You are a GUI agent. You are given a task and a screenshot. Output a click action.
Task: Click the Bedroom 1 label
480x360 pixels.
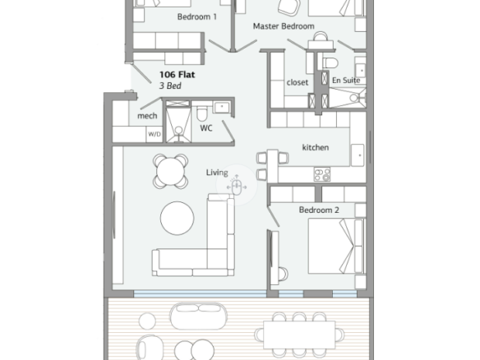(x=196, y=16)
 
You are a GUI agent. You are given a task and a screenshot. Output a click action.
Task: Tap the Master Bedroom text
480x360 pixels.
(x=284, y=26)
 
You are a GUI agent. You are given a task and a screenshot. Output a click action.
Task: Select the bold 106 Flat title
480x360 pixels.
(x=177, y=75)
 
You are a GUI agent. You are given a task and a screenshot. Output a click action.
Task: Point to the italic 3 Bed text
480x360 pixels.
(x=170, y=85)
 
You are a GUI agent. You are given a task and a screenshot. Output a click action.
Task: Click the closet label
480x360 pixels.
(x=298, y=82)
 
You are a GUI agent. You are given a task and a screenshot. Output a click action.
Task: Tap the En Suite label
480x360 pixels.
(x=346, y=81)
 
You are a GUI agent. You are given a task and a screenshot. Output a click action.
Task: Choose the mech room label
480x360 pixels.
(x=147, y=116)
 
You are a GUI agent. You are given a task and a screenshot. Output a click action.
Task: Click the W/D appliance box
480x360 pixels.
(x=155, y=135)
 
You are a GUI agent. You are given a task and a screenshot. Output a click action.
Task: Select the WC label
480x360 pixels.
(x=206, y=128)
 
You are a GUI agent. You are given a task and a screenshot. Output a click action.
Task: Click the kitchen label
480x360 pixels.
(x=316, y=147)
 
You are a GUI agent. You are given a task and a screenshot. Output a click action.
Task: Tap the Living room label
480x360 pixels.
(x=217, y=173)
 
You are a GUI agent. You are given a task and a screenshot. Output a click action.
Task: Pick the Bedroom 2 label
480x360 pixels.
(x=319, y=210)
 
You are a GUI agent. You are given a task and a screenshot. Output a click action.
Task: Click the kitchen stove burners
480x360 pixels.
(x=322, y=174)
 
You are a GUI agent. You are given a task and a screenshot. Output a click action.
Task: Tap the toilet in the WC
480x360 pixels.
(x=201, y=113)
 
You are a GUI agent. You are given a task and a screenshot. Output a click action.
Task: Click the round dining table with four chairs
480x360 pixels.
(x=170, y=171)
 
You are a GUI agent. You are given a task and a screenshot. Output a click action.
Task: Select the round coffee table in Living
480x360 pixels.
(x=177, y=219)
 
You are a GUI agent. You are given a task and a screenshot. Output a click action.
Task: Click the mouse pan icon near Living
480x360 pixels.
(x=237, y=186)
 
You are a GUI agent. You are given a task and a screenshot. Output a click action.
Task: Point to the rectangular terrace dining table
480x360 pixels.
(x=299, y=335)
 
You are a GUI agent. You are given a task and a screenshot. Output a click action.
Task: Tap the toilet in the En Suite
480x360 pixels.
(x=330, y=62)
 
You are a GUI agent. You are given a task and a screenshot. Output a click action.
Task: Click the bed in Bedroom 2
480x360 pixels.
(x=336, y=246)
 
